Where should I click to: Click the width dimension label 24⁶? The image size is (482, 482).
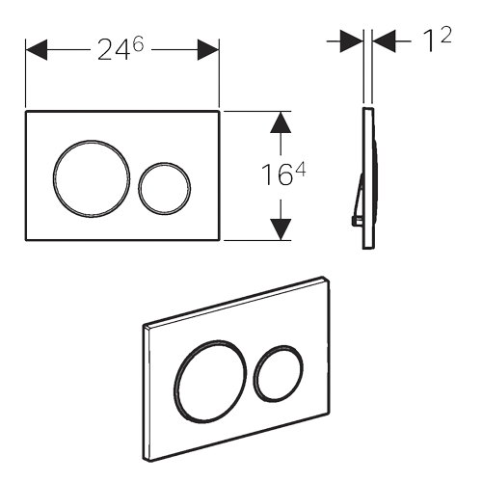(120, 49)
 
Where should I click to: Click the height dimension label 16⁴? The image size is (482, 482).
(283, 174)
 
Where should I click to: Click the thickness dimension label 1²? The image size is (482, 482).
(438, 40)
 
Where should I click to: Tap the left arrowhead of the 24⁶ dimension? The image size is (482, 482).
(37, 50)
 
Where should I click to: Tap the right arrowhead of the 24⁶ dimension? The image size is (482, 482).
(208, 50)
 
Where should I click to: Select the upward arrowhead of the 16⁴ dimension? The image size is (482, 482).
(281, 122)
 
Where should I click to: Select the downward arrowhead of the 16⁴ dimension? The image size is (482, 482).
(281, 229)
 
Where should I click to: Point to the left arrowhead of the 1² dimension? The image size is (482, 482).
(352, 41)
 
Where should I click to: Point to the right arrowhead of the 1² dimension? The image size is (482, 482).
(384, 41)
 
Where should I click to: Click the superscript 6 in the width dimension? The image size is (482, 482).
(138, 45)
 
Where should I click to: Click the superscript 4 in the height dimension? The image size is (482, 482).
(300, 170)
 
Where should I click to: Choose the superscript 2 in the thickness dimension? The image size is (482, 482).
(446, 35)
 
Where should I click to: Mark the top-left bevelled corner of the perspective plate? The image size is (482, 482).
(146, 327)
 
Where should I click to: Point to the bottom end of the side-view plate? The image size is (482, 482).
(368, 248)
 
